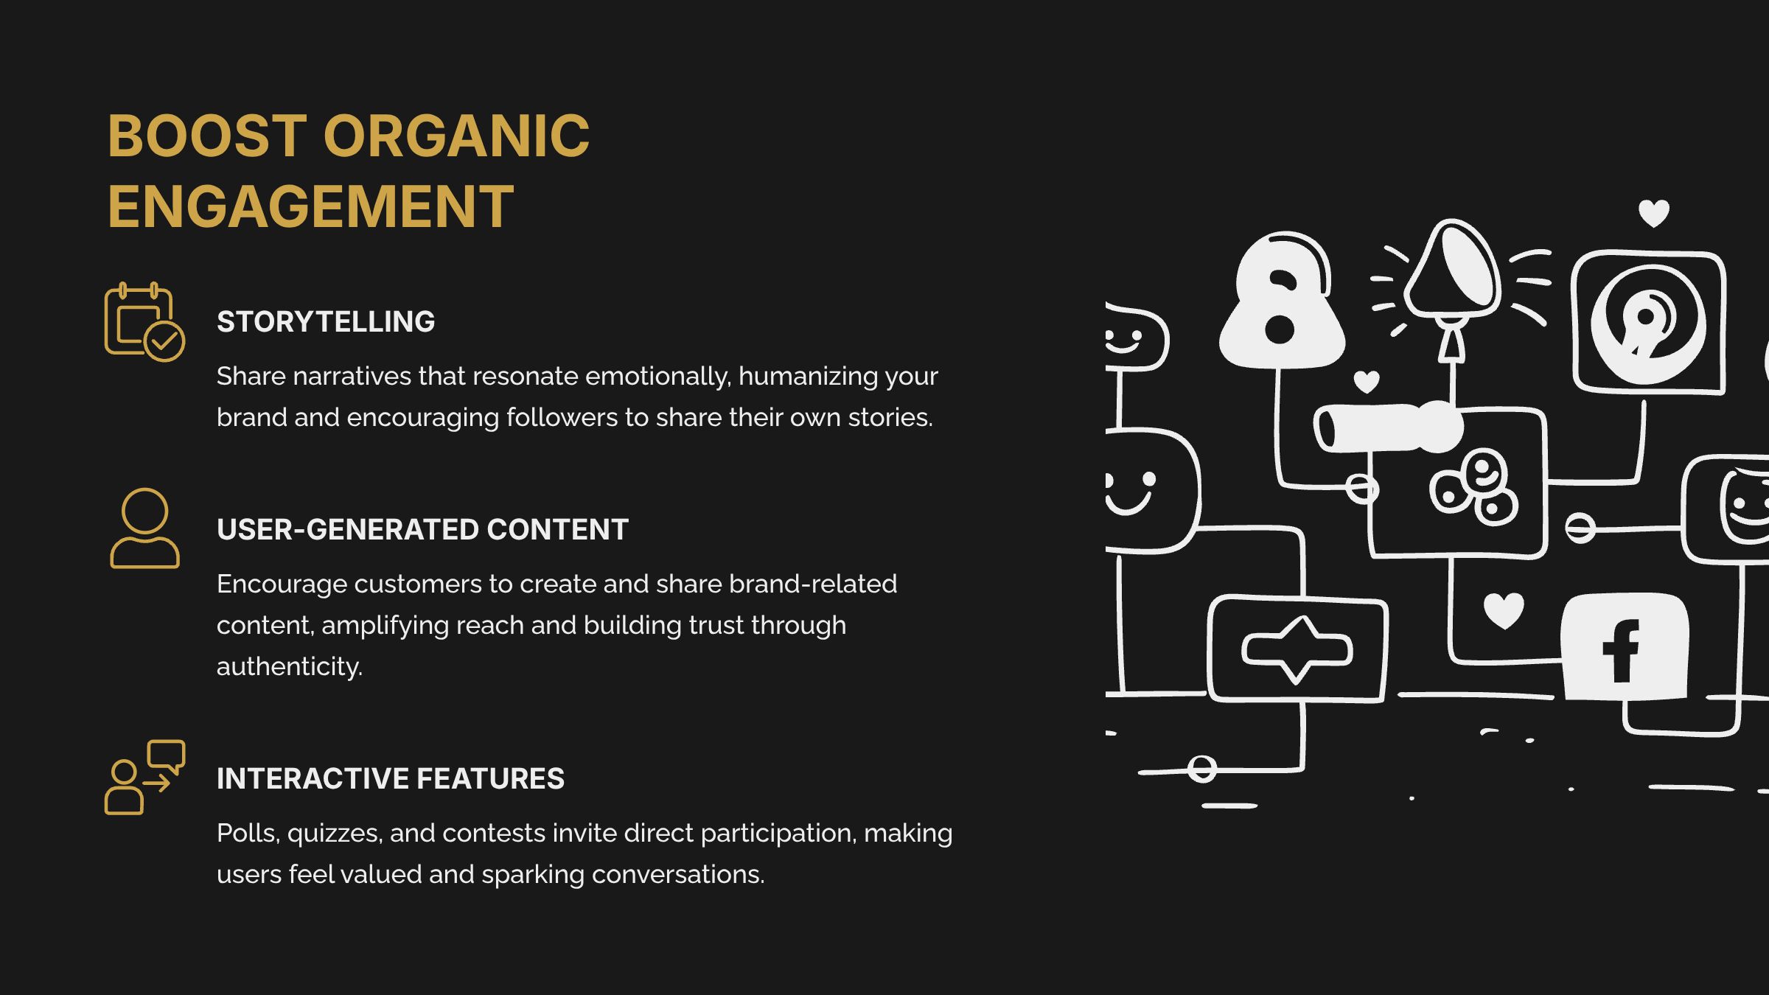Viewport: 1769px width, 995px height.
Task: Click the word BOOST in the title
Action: pos(207,136)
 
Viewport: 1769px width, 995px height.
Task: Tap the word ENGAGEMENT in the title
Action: pos(310,206)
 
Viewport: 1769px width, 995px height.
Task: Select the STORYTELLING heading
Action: pos(326,322)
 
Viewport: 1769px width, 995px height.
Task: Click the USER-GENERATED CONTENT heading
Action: pos(422,530)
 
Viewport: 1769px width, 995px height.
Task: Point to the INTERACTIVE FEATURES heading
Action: pos(391,779)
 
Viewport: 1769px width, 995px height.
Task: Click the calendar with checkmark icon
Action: pos(144,322)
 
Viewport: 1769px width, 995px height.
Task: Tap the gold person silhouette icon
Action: pos(144,528)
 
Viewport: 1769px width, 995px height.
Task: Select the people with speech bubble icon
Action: pos(144,778)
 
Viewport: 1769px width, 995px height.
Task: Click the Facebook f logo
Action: pos(1622,650)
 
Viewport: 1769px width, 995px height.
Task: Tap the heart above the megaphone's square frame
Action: pos(1653,214)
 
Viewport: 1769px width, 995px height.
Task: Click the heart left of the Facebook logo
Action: pos(1503,610)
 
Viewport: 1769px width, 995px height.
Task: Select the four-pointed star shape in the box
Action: pos(1297,650)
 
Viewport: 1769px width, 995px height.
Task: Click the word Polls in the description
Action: pos(248,834)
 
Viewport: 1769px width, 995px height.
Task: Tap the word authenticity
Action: pos(289,667)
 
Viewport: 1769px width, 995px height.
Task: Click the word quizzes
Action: pos(335,834)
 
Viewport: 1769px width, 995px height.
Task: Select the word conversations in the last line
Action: pos(677,875)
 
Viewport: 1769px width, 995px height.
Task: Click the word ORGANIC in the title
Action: pos(456,136)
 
